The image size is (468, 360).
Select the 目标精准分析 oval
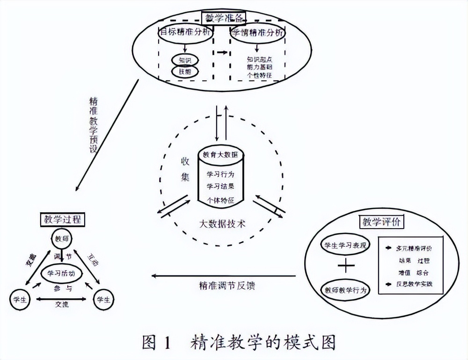[186, 33]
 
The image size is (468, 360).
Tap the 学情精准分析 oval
[258, 33]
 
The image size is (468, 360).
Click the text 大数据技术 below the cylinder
[219, 223]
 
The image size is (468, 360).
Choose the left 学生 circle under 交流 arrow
[20, 299]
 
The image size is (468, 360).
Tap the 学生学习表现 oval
[344, 245]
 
